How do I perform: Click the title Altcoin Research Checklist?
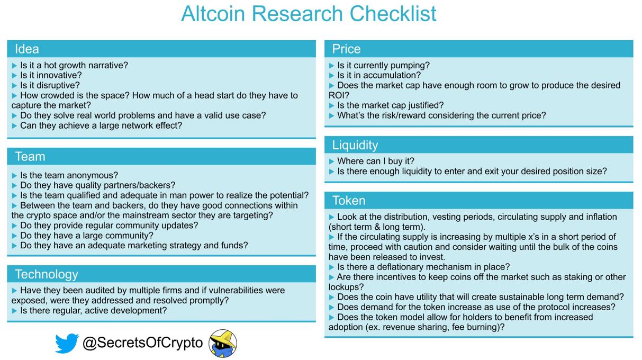[309, 13]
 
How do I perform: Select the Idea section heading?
[27, 49]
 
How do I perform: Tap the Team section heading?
[30, 157]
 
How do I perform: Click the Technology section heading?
[47, 274]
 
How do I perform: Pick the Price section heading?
[346, 49]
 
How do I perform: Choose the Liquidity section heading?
[355, 145]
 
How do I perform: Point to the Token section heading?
[349, 201]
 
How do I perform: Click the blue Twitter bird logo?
[67, 343]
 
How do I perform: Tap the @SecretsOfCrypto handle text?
[143, 343]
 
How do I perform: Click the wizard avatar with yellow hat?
[223, 344]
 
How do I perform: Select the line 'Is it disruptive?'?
[50, 85]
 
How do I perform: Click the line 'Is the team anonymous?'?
[69, 175]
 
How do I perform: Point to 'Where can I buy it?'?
[376, 161]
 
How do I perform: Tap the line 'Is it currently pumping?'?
[383, 65]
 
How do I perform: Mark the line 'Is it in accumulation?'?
[379, 75]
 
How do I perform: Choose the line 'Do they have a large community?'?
[87, 236]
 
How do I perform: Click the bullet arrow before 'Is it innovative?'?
[15, 76]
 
